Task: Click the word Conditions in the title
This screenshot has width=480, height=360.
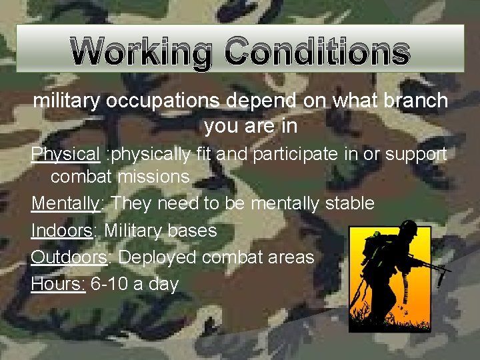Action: click(x=316, y=52)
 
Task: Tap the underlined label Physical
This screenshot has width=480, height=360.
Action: click(x=65, y=155)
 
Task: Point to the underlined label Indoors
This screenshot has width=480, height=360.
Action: click(x=61, y=231)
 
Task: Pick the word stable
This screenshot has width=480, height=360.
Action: click(x=350, y=203)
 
